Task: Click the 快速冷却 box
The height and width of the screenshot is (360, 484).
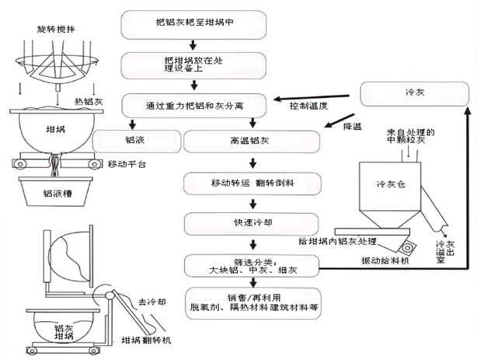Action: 253,224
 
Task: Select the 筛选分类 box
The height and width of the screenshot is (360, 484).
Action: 253,264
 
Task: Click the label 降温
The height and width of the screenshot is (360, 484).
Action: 353,126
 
